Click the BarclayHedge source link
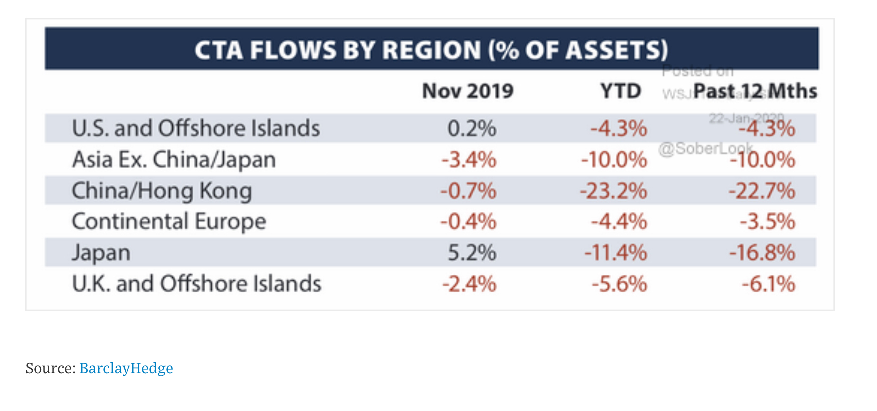pos(126,368)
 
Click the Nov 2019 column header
pos(468,91)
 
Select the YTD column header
pos(621,91)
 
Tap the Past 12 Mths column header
pos(755,91)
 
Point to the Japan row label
pos(101,253)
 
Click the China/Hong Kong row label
pos(162,191)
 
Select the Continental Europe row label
pos(169,221)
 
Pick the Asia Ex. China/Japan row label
pos(174,160)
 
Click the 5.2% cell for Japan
pos(471,253)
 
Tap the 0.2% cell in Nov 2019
pos(471,129)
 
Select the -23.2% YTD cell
pos(613,191)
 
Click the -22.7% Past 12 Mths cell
pos(761,191)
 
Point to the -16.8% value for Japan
pos(762,253)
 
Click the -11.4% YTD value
pos(616,253)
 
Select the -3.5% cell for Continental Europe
pos(767,222)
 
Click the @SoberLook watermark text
pos(705,148)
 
